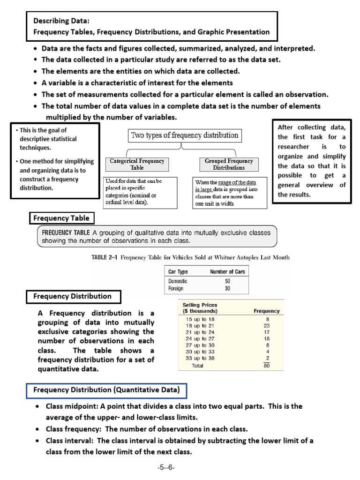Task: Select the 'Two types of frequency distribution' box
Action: pos(184,136)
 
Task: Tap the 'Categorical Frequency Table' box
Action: pos(137,164)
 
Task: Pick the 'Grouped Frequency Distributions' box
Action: pos(229,164)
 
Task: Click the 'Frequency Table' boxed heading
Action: pos(61,218)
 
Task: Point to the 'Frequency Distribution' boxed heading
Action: pos(72,296)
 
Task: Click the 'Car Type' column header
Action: pos(178,271)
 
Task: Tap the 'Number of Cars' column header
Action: pos(227,271)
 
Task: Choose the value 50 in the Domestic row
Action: pos(227,281)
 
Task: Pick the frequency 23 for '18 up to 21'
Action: pos(267,325)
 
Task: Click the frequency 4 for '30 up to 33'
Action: pos(267,352)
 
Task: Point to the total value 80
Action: pos(267,366)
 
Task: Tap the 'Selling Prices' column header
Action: pos(200,305)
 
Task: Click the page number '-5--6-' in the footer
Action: pos(166,468)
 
